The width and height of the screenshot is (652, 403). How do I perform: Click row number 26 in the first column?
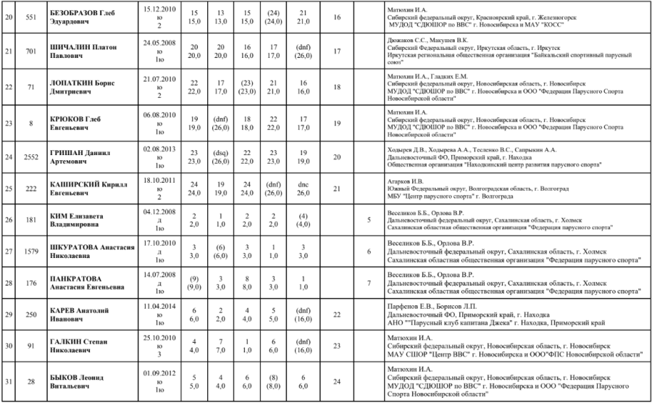[8, 218]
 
